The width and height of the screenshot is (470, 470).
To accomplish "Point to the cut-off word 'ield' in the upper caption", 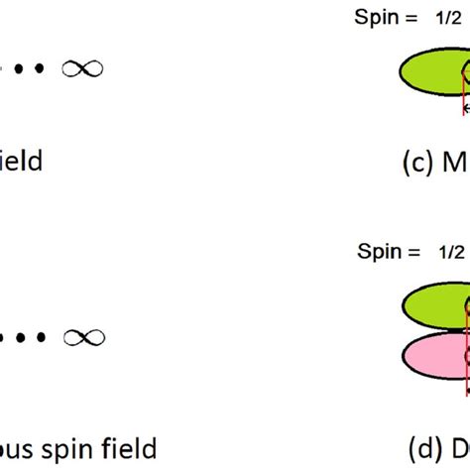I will pyautogui.click(x=21, y=160).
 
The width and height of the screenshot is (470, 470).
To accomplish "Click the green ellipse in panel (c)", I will pyautogui.click(x=431, y=73).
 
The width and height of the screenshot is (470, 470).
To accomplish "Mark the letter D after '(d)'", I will pyautogui.click(x=455, y=449).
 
